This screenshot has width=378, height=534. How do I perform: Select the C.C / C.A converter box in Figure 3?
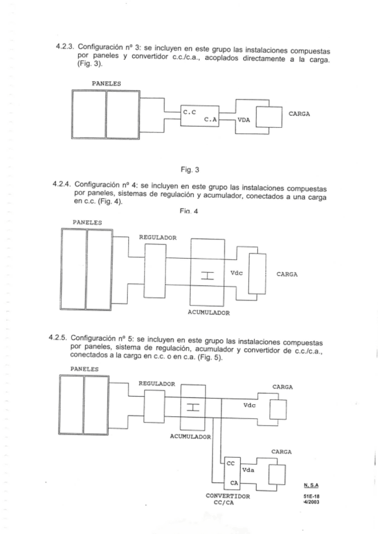[x=199, y=117]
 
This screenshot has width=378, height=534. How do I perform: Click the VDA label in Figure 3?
[x=243, y=125]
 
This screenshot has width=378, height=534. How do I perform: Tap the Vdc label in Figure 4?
[x=237, y=273]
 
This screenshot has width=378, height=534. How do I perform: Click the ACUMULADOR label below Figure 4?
[x=209, y=312]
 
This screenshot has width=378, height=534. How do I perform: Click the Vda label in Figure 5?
[x=248, y=470]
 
